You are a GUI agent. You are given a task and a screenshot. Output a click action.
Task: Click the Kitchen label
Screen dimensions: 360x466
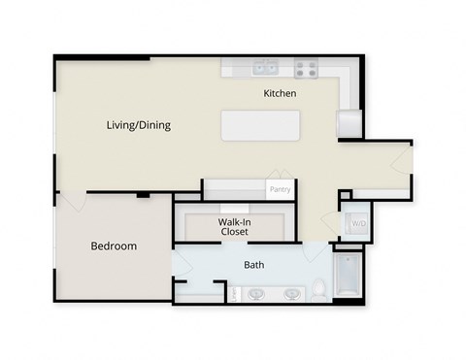[280, 94]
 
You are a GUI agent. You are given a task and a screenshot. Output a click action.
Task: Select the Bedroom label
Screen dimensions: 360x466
[114, 246]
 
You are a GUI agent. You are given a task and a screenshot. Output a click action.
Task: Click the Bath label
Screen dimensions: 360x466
[253, 264]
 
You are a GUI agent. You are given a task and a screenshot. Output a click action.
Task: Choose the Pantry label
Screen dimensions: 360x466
[280, 190]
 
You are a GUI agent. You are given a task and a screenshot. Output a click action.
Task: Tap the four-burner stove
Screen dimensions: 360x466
[306, 69]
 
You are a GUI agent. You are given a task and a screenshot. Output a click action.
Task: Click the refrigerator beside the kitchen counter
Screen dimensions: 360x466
[349, 124]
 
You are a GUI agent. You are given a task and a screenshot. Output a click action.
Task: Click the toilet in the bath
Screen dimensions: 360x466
[318, 289]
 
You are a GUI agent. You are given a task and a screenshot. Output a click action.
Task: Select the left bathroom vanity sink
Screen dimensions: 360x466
[257, 293]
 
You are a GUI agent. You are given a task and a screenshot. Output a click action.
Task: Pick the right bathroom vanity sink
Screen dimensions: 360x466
[289, 293]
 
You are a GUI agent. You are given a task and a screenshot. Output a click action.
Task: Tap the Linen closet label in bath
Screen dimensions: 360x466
[233, 293]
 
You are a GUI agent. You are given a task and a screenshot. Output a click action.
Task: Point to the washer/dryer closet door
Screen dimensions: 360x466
[344, 210]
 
